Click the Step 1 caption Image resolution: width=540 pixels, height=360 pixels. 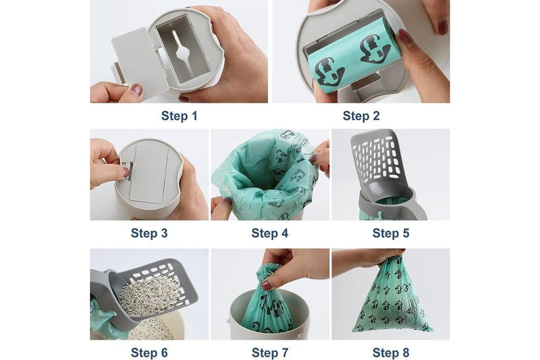click(x=179, y=115)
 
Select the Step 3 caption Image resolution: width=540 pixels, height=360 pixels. click(x=148, y=233)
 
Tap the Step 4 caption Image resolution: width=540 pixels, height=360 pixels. click(x=269, y=233)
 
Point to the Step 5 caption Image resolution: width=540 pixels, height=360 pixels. click(x=390, y=233)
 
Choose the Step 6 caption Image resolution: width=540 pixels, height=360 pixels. click(x=148, y=352)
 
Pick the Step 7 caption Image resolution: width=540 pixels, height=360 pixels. click(x=269, y=352)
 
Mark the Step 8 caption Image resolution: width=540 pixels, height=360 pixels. click(x=390, y=352)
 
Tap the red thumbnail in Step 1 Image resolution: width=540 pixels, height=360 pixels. click(x=136, y=89)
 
